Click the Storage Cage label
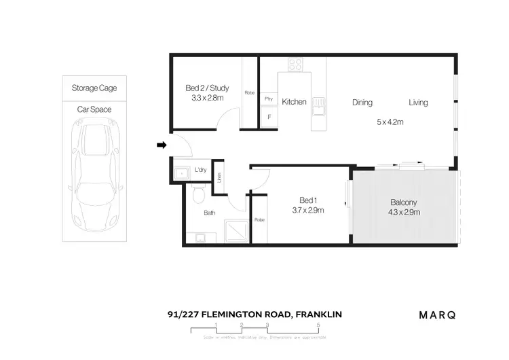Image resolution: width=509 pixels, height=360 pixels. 94,88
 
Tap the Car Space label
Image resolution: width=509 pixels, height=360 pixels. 94,109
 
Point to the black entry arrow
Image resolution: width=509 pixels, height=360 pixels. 161,145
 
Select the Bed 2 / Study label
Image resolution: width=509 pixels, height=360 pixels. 207,88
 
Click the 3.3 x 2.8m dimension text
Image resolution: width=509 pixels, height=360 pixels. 207,98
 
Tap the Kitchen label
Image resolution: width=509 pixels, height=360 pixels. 295,102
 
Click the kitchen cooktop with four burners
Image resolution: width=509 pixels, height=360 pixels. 296,65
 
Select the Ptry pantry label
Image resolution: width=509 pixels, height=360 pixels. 269,98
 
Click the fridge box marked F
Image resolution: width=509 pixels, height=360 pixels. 269,118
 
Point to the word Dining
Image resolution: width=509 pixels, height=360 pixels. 362,103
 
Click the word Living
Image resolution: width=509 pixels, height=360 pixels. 418,103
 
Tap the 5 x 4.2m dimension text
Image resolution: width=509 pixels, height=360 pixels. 390,122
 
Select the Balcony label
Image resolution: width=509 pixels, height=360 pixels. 403,202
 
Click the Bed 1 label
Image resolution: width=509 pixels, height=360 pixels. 308,200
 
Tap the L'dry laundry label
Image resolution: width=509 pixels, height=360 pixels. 200,170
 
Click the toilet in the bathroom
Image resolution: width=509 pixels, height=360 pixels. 197,196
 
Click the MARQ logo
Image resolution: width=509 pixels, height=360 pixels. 436,314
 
